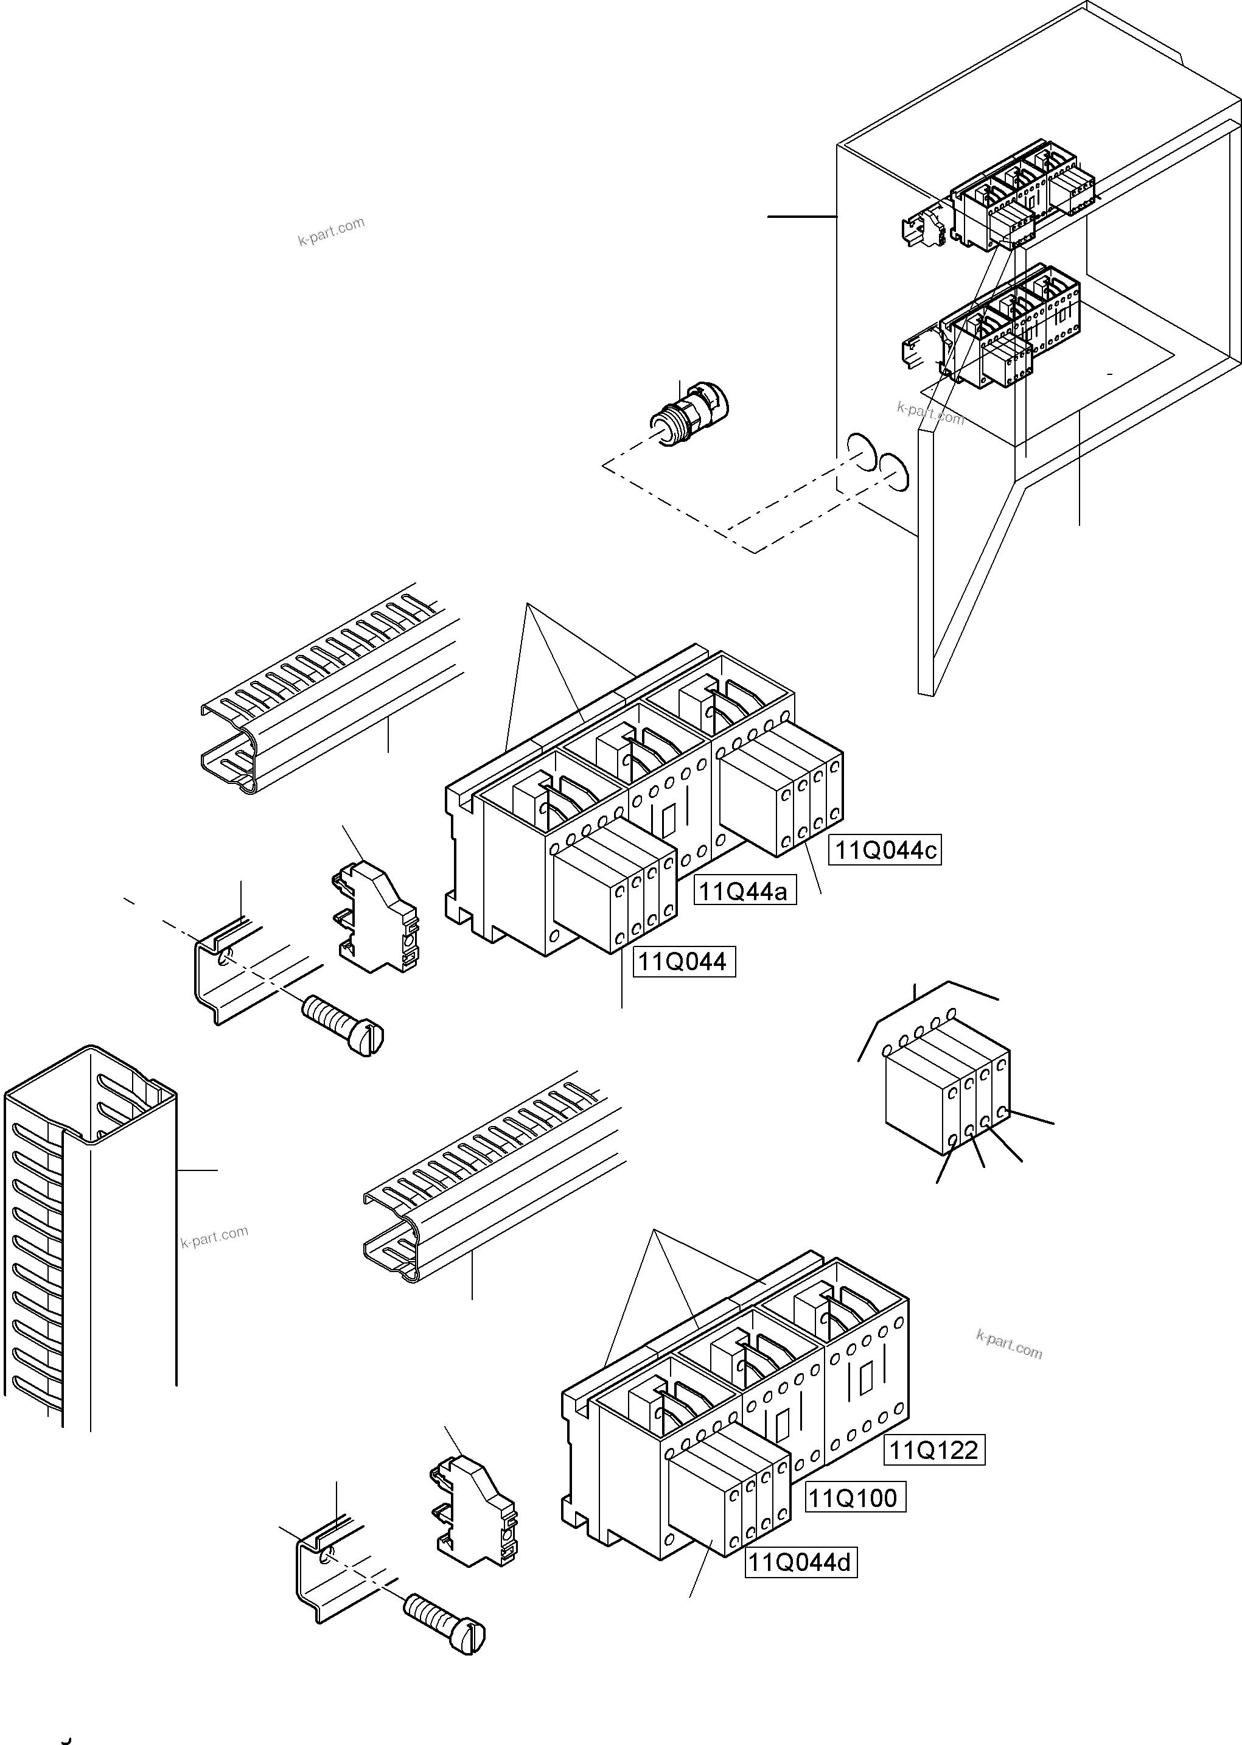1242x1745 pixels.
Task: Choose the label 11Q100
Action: [854, 1498]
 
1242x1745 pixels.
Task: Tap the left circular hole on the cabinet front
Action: [860, 453]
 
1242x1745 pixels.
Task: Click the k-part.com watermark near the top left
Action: [331, 232]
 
